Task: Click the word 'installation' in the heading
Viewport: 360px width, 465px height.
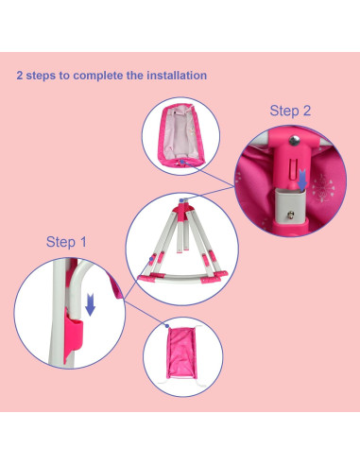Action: [x=175, y=75]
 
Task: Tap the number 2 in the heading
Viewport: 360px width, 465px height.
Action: [x=21, y=75]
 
